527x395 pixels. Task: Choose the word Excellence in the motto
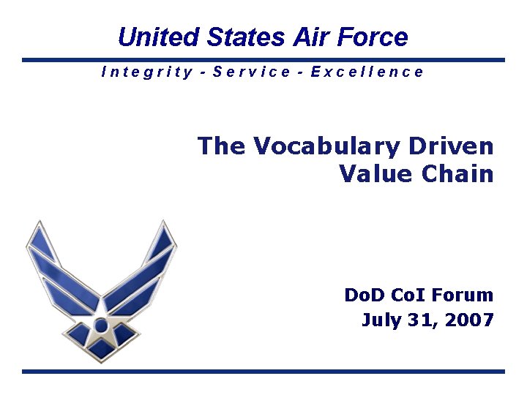pyautogui.click(x=367, y=72)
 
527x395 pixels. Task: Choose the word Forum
pyautogui.click(x=463, y=295)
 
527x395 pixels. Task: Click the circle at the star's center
pyautogui.click(x=101, y=323)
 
